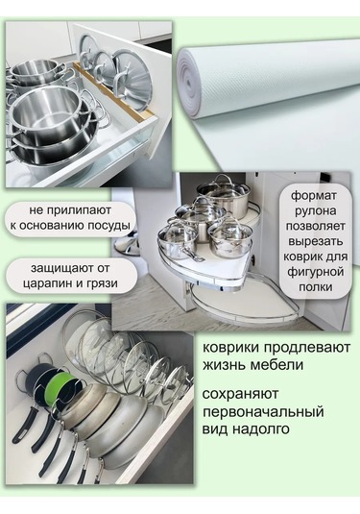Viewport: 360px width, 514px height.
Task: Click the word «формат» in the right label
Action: tap(314, 196)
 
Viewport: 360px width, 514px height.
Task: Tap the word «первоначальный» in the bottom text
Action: tap(263, 411)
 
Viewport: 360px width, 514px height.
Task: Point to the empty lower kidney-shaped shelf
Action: tap(245, 303)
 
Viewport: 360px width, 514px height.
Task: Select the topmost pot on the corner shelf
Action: tap(223, 192)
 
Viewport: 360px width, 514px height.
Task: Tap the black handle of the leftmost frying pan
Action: tap(24, 421)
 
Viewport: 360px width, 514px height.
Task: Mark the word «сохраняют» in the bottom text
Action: tap(240, 394)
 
